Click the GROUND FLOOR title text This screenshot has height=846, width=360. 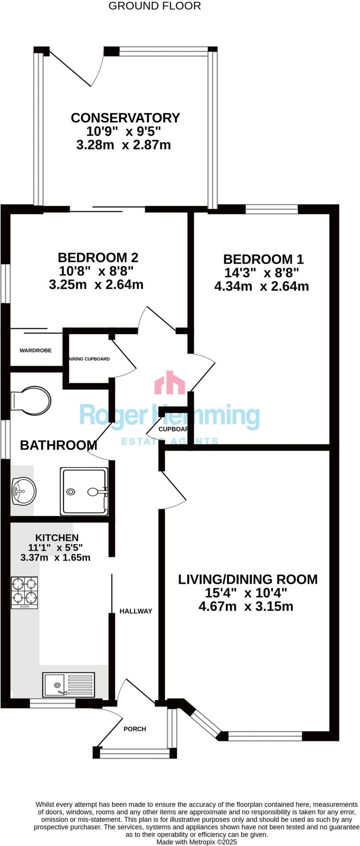click(155, 6)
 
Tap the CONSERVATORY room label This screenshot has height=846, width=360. click(125, 118)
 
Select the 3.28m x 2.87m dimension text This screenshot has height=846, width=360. click(124, 145)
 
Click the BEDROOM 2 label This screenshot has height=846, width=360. click(98, 258)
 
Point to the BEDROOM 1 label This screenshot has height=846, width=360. click(263, 259)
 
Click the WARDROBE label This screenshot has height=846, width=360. click(36, 350)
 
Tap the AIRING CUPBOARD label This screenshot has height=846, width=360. click(89, 359)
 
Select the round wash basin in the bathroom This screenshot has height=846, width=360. click(24, 491)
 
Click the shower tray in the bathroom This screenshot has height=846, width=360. click(84, 491)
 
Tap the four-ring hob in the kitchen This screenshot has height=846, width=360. click(24, 592)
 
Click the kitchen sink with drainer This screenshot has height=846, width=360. click(69, 684)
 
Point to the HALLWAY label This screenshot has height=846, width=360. click(136, 611)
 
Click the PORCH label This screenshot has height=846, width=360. click(135, 729)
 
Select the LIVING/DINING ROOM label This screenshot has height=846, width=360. click(248, 580)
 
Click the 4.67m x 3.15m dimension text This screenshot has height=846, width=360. click(246, 606)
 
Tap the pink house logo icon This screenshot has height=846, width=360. click(169, 383)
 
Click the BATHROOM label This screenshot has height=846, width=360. click(58, 445)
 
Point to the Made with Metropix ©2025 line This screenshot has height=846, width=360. click(196, 841)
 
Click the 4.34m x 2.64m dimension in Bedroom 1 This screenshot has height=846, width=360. click(261, 286)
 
